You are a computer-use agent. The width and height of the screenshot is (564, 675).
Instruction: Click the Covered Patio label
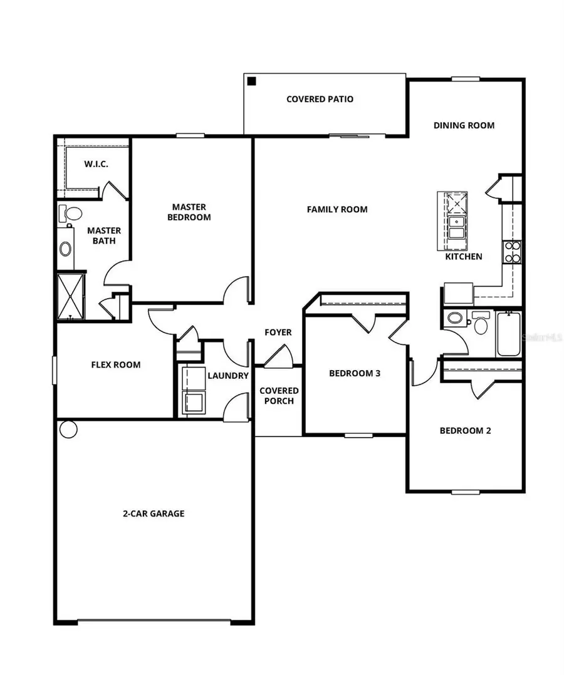click(320, 99)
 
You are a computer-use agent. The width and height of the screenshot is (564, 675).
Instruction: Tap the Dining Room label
click(464, 125)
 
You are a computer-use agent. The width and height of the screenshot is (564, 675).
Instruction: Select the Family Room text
click(337, 209)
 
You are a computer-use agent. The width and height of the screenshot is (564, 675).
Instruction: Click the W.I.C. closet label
click(96, 164)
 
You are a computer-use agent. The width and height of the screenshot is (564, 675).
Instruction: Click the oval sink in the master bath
click(66, 249)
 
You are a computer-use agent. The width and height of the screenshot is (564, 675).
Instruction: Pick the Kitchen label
click(463, 257)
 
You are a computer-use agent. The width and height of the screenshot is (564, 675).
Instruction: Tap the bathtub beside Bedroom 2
click(509, 334)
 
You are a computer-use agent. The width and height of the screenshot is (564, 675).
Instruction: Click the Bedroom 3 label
click(355, 374)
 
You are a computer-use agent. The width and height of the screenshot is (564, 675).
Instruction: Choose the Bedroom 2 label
click(465, 431)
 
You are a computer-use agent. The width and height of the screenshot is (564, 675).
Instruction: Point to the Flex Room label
click(116, 364)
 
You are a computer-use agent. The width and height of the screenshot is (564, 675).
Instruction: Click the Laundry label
click(228, 376)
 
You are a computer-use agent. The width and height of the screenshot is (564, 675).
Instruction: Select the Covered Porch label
click(279, 396)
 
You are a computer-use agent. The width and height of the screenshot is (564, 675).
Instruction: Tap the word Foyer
click(278, 332)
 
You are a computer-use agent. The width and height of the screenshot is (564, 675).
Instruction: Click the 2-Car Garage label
click(154, 513)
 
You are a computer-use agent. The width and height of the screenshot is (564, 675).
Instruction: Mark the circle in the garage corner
click(68, 430)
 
